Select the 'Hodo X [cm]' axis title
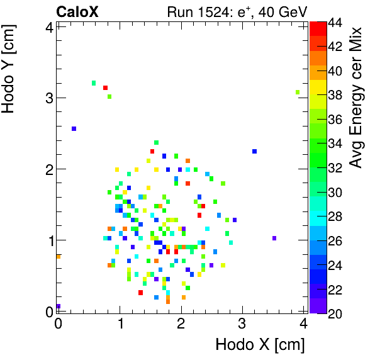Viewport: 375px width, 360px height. (x=260, y=344)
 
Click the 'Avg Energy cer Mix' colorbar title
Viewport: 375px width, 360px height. (x=357, y=98)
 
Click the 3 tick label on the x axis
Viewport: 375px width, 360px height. (x=242, y=325)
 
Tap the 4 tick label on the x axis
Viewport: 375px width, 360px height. (x=303, y=325)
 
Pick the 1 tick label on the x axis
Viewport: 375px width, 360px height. (x=120, y=325)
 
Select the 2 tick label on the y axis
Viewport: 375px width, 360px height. (x=48, y=169)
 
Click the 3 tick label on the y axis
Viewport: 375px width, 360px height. (x=48, y=98)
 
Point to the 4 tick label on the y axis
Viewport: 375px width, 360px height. (x=48, y=26)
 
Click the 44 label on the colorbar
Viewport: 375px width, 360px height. (x=335, y=23)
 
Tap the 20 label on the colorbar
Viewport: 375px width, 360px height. (x=335, y=313)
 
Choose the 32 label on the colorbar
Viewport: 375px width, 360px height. (x=335, y=167)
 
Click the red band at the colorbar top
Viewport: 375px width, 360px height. (x=318, y=28)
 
